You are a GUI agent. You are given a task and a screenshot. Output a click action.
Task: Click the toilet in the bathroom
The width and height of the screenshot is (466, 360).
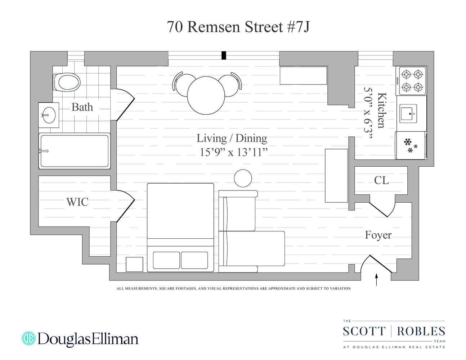coord(67,82)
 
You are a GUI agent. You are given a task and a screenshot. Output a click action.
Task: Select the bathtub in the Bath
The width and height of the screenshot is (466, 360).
coord(74,151)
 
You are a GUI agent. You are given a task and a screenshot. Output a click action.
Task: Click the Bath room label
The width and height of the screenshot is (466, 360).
coord(82,107)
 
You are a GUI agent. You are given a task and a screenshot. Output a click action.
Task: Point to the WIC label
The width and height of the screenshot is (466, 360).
coord(77,202)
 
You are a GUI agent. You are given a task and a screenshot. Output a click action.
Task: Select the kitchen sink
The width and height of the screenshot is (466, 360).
coord(408,113)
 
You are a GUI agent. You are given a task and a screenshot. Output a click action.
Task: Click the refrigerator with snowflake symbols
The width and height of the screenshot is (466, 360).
coord(411,145)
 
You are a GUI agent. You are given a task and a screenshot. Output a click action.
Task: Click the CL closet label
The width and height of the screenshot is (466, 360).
coord(381,180)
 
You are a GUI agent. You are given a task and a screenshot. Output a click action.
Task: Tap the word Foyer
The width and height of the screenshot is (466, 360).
coord(378,235)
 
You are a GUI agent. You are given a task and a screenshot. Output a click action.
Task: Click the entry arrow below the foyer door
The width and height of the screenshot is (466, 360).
coord(377,279)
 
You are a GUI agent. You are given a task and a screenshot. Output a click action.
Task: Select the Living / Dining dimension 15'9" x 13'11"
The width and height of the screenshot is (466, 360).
coord(234,152)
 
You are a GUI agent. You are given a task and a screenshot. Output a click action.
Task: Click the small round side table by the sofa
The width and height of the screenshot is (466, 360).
coord(243,178)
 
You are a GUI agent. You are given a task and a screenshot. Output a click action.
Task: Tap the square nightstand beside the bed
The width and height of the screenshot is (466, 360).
coord(134,264)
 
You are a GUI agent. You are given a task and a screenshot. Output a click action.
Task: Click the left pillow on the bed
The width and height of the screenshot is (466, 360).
coord(166,260)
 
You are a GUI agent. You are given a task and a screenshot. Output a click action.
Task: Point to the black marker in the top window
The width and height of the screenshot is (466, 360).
coord(224,55)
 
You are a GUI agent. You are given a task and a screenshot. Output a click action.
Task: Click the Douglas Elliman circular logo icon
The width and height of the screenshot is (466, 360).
coord(28,338)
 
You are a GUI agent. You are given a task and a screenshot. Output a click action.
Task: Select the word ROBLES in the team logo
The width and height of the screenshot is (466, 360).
coord(421,331)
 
